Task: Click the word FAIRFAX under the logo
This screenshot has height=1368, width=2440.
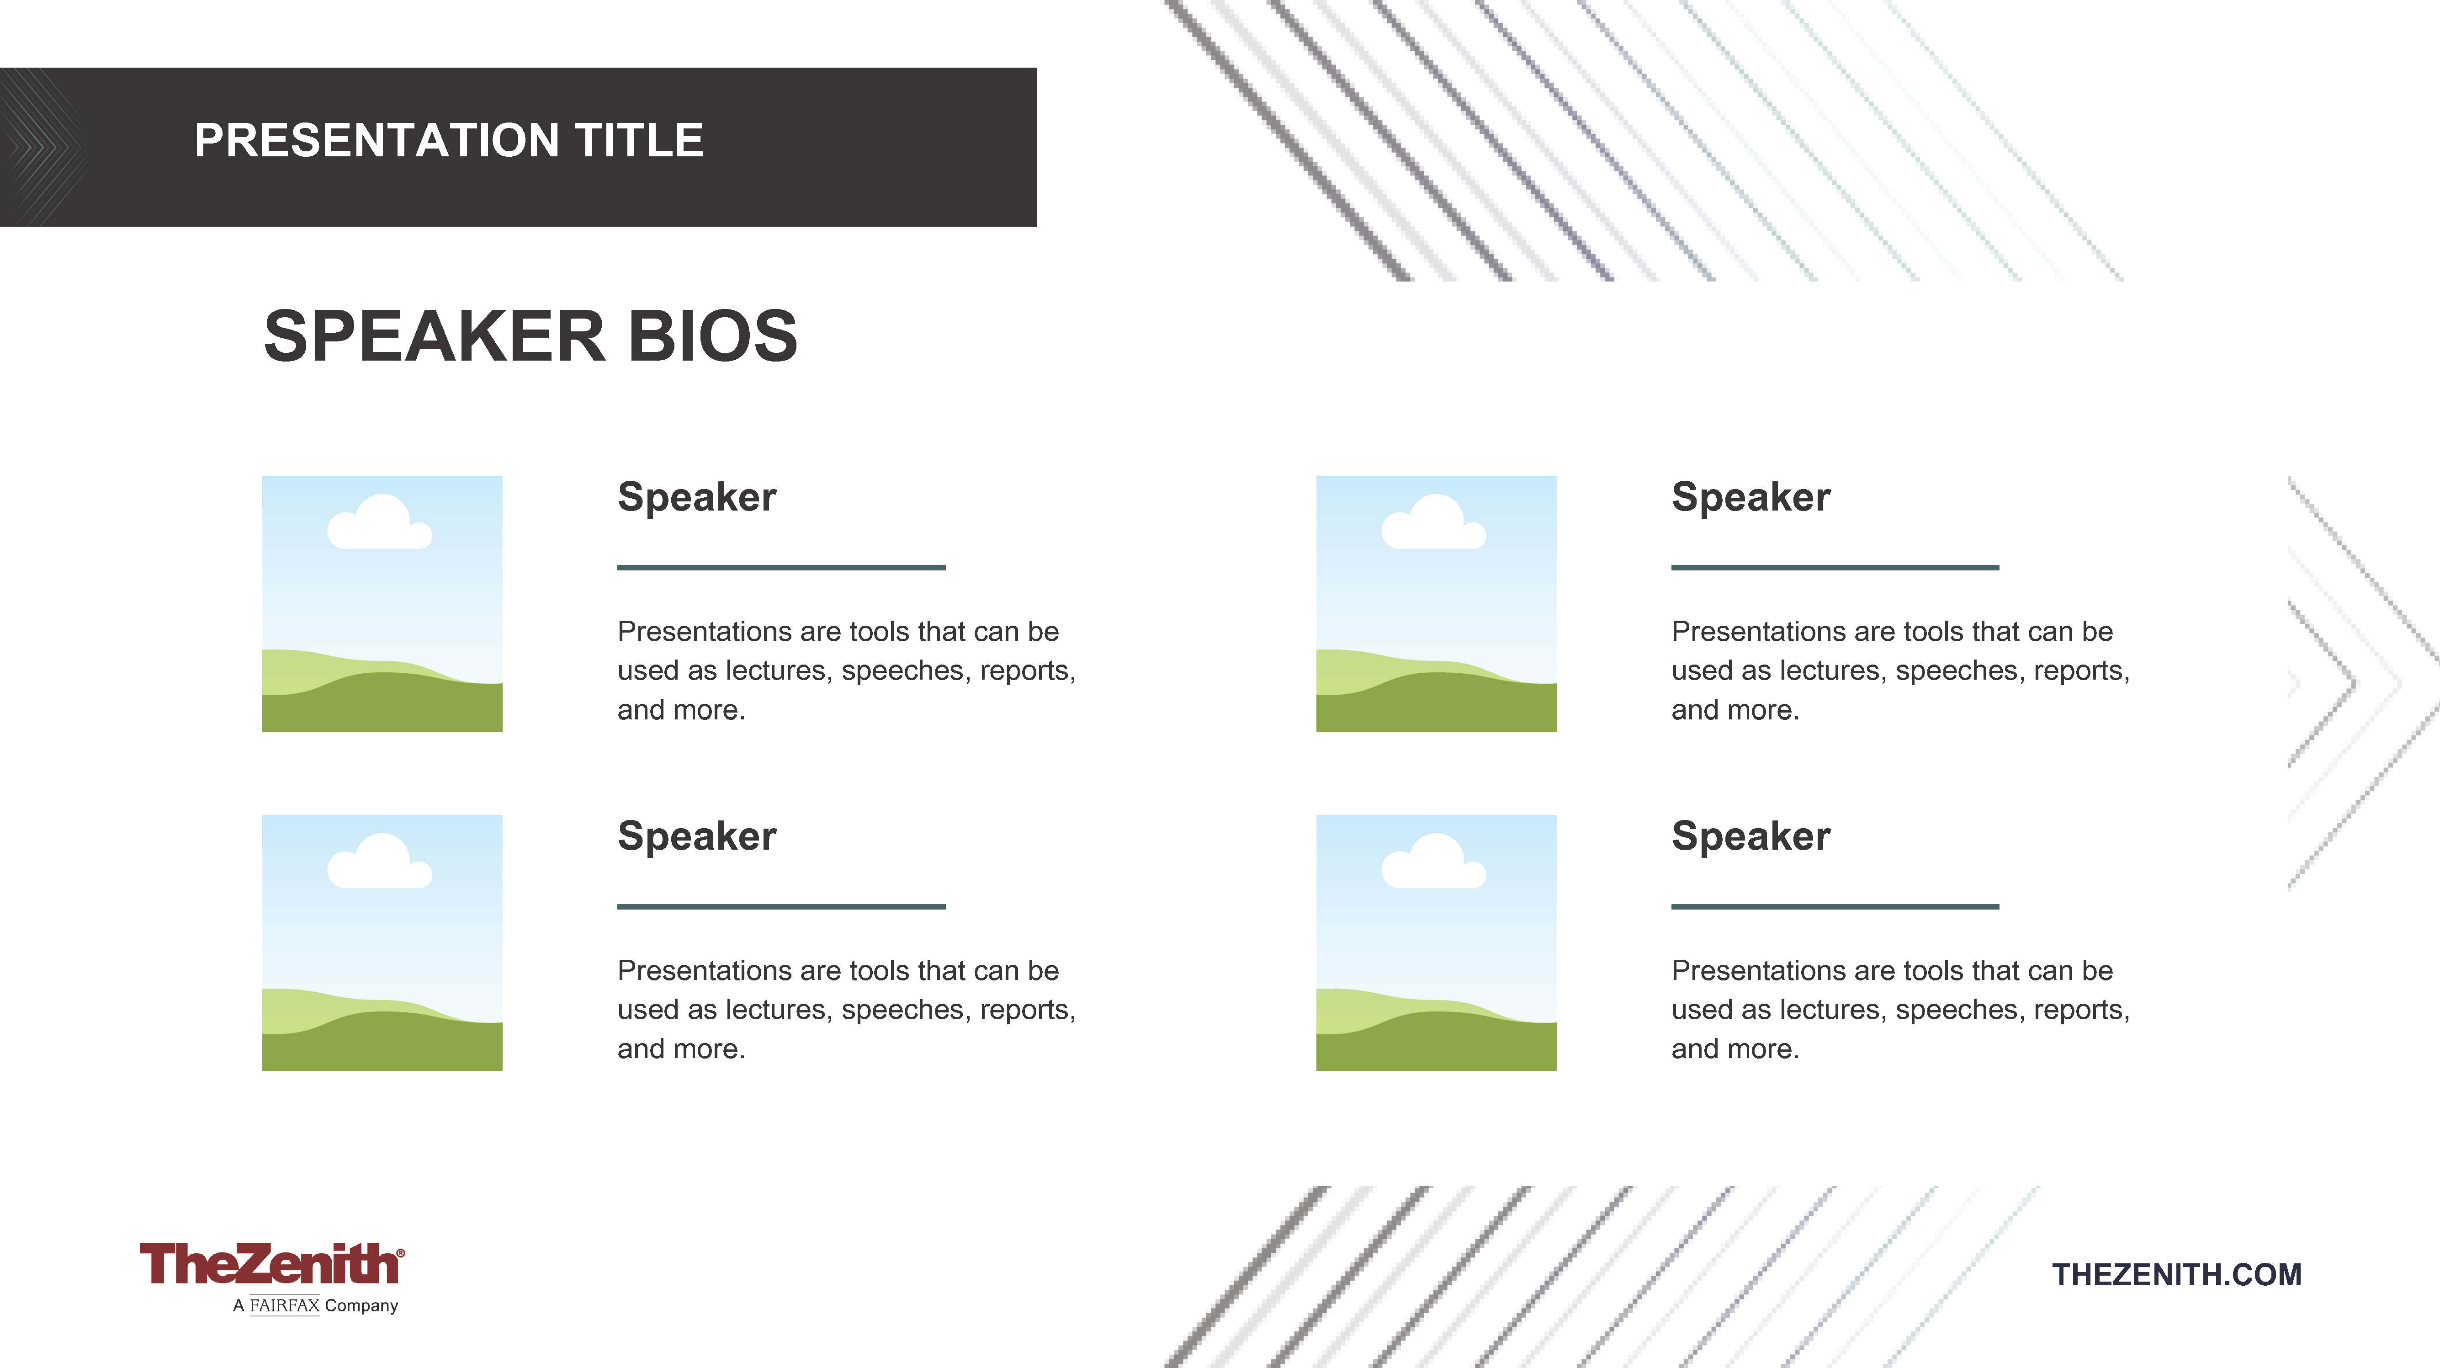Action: tap(284, 1305)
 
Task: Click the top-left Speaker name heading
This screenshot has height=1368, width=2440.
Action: tap(697, 497)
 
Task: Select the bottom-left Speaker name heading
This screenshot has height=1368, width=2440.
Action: tap(697, 836)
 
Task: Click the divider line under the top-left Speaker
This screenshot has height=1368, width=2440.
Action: tap(781, 568)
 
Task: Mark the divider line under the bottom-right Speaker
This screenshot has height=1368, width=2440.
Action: tap(1835, 907)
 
